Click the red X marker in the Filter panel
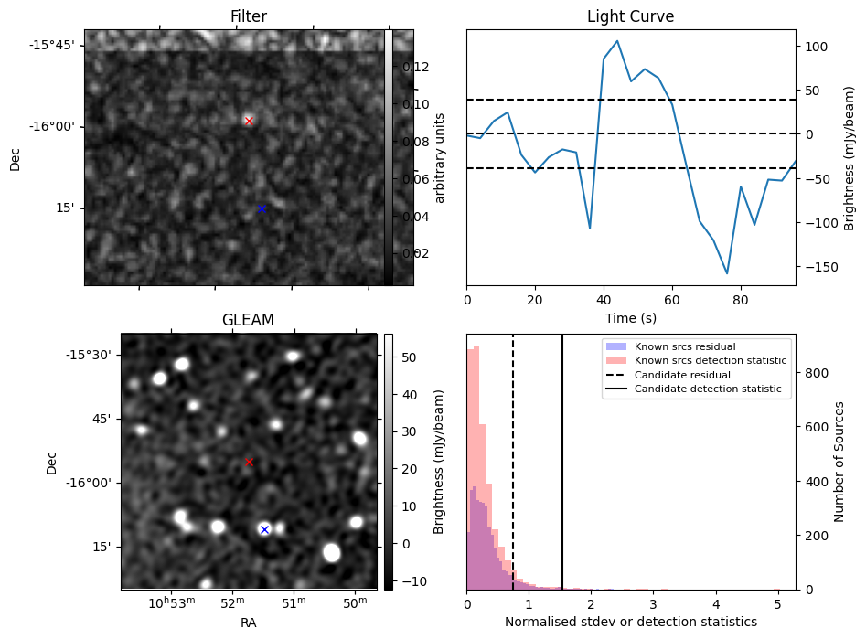(x=249, y=121)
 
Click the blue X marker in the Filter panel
(x=262, y=208)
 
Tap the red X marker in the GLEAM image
(x=249, y=462)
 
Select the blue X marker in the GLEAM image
(x=264, y=529)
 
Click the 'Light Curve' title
(x=630, y=17)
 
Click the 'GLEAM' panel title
(x=248, y=320)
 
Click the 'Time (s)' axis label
(x=630, y=318)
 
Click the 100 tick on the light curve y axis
(x=813, y=46)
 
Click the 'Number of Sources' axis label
(x=839, y=462)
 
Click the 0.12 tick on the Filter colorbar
(x=416, y=67)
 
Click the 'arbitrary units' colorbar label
(x=439, y=157)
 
